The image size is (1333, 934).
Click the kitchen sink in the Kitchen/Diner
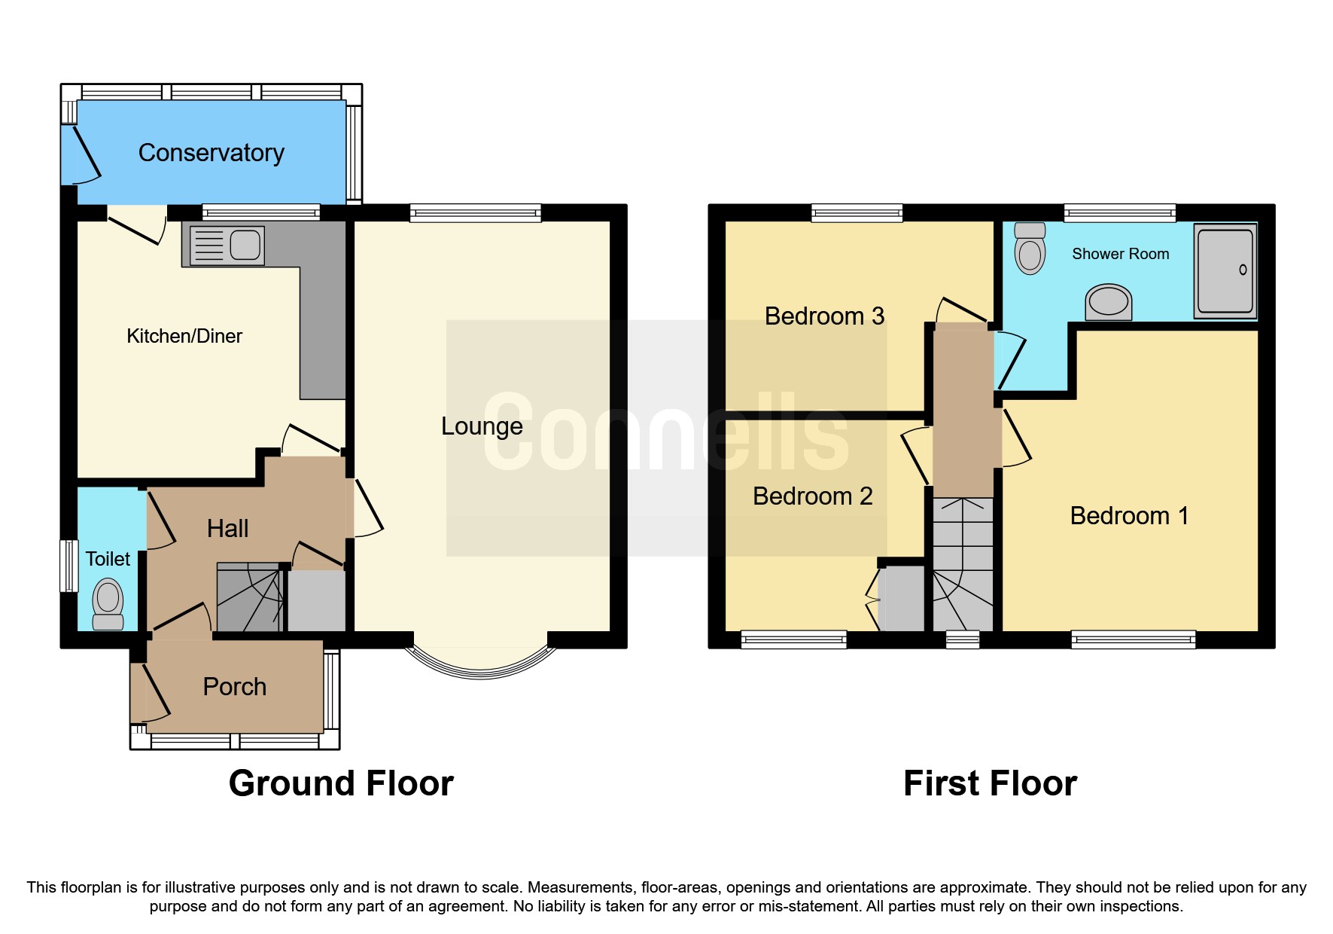(227, 246)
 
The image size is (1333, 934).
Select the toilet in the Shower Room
(1030, 248)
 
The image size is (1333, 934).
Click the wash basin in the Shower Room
(1109, 302)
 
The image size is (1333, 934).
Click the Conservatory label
(212, 153)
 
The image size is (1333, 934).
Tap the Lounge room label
(482, 426)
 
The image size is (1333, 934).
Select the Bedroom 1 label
(1129, 516)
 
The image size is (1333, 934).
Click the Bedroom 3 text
(824, 316)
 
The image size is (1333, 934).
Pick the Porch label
(235, 687)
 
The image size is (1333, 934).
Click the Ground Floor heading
(341, 783)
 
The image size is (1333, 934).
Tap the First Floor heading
(990, 783)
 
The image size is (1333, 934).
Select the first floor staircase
(963, 565)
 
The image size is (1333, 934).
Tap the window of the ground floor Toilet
(69, 566)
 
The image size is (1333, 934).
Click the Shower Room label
(1120, 255)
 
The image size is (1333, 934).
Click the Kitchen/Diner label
(184, 336)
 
